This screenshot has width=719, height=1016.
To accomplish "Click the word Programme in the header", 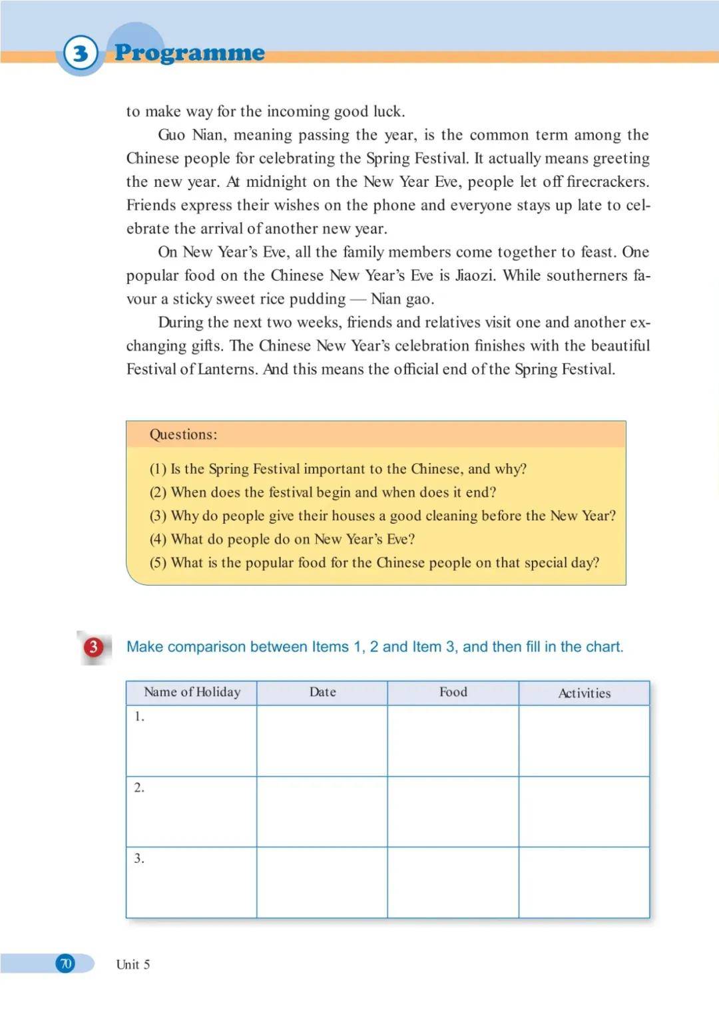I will (x=190, y=53).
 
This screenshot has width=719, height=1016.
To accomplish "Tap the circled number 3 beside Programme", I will (x=81, y=53).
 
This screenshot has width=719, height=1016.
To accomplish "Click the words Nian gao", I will (x=402, y=299).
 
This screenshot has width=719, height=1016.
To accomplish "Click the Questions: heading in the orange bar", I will (x=183, y=434).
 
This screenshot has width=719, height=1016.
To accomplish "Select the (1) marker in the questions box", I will (x=158, y=469).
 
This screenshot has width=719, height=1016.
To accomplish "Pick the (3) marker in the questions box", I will (x=158, y=516).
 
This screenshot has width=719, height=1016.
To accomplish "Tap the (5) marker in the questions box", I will (x=158, y=563).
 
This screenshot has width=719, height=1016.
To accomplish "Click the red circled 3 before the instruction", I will (x=93, y=647).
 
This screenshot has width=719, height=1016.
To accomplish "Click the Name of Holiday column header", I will (x=192, y=692).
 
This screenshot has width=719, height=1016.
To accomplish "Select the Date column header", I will (x=322, y=692).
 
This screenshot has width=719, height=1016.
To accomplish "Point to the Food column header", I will (x=453, y=692).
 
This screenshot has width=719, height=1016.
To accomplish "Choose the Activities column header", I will (x=584, y=693).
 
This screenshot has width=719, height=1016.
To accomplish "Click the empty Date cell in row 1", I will (x=322, y=741).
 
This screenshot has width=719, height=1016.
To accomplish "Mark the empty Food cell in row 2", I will (x=453, y=811).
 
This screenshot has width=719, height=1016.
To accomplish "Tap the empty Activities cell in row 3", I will (x=584, y=882).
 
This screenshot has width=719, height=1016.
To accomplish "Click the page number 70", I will (x=65, y=963).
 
